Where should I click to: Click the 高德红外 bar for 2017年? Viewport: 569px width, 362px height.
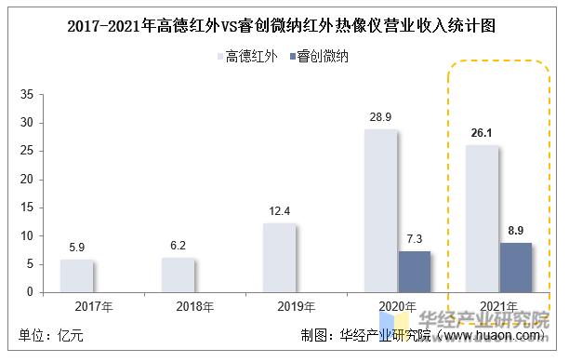77,275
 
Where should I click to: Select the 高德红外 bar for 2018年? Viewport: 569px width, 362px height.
179,275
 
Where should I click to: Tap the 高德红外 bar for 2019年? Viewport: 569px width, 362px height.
280,257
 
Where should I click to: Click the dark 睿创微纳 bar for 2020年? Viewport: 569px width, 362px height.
415,271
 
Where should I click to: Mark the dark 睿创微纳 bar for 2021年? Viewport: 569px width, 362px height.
516,267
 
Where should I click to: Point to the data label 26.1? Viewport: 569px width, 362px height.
482,133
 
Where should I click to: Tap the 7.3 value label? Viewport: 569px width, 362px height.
416,239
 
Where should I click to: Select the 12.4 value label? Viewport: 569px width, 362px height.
280,211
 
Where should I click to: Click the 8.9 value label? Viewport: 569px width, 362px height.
516,230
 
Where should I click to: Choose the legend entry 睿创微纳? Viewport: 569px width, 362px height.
324,58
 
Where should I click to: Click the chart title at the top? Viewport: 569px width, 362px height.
283,26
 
